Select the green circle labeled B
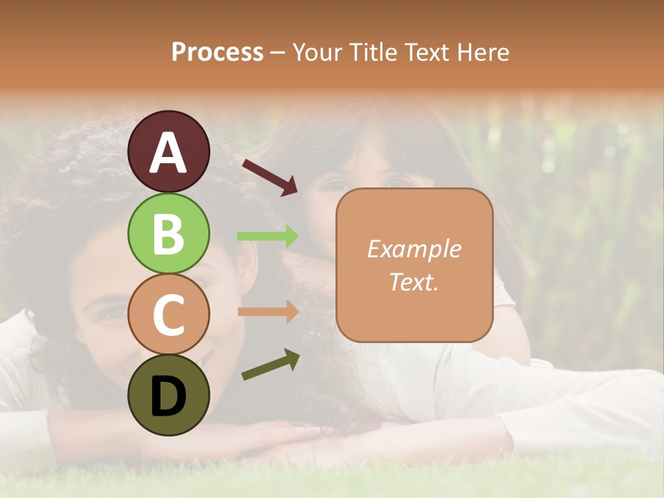168,233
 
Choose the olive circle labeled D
168,395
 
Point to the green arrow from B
268,237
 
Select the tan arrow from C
268,311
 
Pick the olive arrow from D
270,365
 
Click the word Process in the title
217,52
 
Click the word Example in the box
414,249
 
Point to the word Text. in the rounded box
414,282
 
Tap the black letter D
168,396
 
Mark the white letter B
168,234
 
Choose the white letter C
168,315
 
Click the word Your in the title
316,52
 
